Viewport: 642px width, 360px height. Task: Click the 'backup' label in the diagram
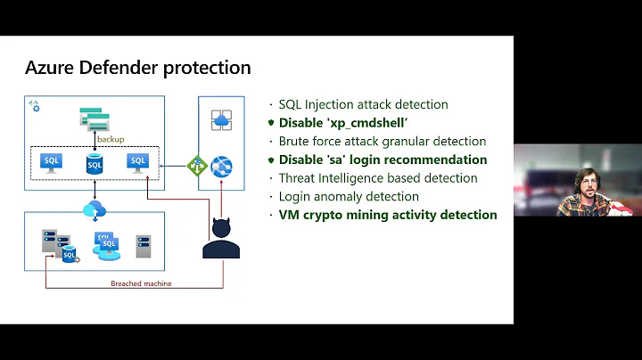pos(111,139)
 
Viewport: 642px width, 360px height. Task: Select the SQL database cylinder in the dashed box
pos(95,164)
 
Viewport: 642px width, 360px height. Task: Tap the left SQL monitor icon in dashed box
pos(52,163)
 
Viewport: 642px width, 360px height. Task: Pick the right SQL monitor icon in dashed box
pos(136,163)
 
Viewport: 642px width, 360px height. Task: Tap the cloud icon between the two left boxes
pos(95,210)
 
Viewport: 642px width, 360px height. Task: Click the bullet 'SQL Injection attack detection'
pos(363,105)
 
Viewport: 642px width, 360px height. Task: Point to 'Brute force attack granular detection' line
pos(382,142)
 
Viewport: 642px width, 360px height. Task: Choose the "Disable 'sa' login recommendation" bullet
pos(383,160)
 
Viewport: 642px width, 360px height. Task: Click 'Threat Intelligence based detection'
pos(378,178)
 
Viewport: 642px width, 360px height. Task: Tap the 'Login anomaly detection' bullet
pos(349,196)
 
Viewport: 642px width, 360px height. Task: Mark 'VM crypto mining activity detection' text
pos(388,215)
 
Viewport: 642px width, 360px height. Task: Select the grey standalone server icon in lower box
pos(144,247)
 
